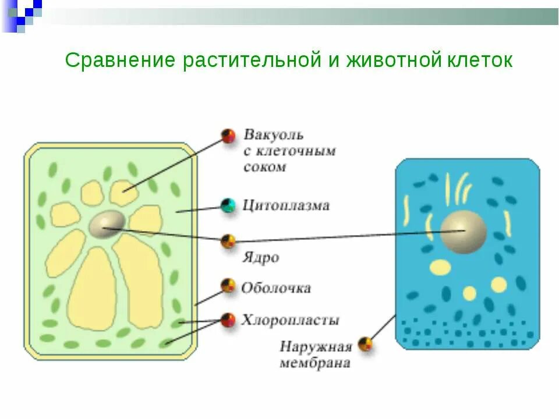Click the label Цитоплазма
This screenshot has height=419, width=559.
click(286, 205)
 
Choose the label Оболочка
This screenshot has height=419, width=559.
click(276, 288)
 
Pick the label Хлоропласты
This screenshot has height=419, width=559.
click(290, 320)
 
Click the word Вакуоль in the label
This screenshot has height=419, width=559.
click(273, 136)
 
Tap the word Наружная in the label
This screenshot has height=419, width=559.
click(316, 347)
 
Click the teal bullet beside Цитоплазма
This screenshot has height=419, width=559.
click(228, 205)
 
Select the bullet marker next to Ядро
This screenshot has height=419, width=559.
click(228, 241)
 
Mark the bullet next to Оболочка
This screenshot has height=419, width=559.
click(228, 285)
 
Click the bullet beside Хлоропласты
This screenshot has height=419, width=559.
click(228, 319)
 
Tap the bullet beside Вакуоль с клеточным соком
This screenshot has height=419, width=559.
click(228, 136)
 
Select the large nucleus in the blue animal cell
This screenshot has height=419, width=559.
click(463, 232)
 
